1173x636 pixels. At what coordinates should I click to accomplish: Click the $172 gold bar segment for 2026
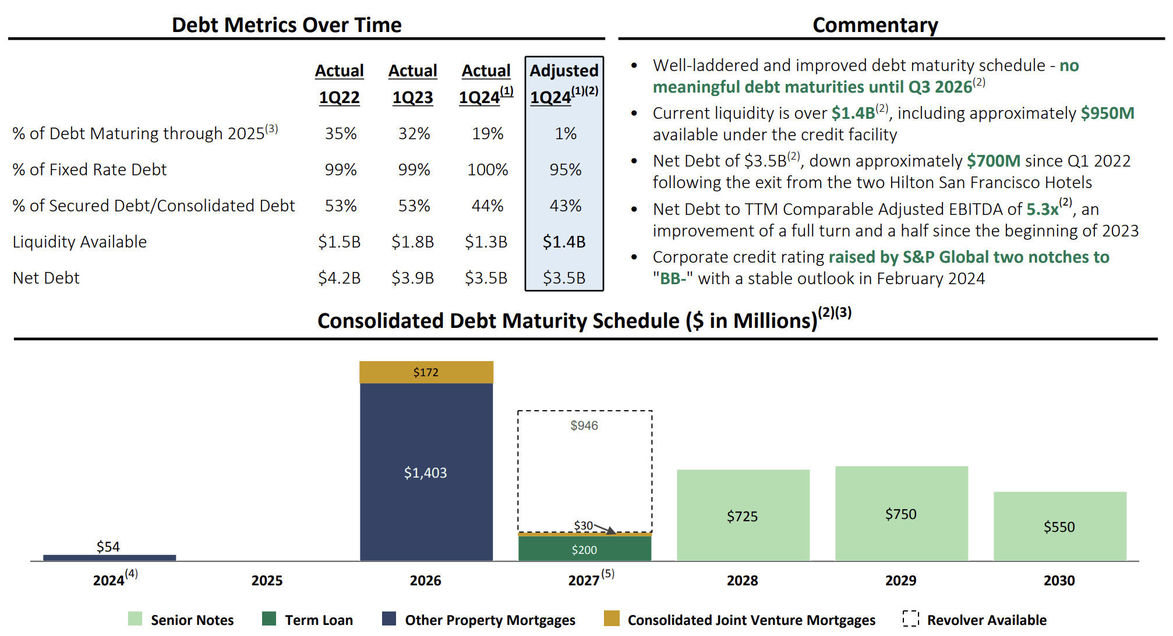(x=426, y=372)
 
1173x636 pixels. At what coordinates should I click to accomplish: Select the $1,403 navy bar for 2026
(x=426, y=472)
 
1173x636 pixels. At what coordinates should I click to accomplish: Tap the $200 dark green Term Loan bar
(x=584, y=549)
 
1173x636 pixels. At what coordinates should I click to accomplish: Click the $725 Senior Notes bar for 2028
(x=743, y=516)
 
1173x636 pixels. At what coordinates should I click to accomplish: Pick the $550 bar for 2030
(x=1059, y=527)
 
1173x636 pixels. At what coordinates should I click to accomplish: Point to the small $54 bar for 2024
(x=109, y=558)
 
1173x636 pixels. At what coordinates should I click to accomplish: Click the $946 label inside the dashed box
(x=584, y=425)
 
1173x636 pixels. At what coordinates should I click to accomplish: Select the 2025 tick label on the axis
(x=267, y=580)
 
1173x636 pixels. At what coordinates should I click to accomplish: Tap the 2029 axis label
(x=900, y=580)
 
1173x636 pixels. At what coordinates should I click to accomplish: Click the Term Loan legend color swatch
(x=269, y=619)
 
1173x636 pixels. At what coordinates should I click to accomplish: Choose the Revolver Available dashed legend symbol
(x=910, y=619)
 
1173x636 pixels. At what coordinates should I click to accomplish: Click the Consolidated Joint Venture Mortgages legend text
(x=751, y=620)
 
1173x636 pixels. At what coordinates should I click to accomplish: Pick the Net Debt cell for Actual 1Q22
(x=339, y=278)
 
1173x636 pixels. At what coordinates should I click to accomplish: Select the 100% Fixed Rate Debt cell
(x=487, y=169)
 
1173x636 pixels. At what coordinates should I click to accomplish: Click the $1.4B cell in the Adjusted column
(x=564, y=242)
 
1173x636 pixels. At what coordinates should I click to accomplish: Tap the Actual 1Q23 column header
(x=412, y=84)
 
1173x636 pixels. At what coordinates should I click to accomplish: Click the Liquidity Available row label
(x=80, y=242)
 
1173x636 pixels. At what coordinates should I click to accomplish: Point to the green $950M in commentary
(x=1107, y=113)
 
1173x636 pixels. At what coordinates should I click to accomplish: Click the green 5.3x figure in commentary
(x=1042, y=209)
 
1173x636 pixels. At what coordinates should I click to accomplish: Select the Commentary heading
(x=875, y=25)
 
